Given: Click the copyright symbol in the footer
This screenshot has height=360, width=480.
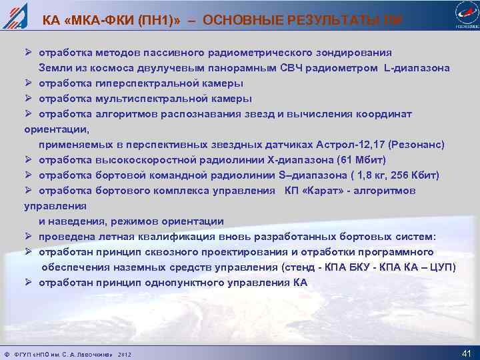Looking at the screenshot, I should click(x=7, y=354).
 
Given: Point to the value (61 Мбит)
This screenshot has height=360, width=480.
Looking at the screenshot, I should click(x=362, y=160).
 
